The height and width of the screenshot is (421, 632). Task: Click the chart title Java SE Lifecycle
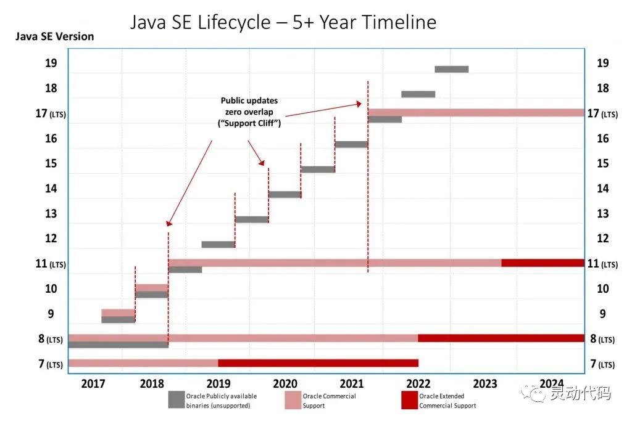coord(283,23)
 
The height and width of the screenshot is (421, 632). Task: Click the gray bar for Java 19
coord(451,69)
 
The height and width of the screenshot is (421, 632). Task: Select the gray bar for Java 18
coord(418,94)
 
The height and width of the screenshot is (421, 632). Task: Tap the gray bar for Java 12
coord(218,245)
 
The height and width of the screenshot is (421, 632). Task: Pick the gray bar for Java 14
coord(285,195)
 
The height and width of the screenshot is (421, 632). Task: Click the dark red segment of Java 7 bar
coord(318,363)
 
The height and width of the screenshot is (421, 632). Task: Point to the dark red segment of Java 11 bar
coord(543,263)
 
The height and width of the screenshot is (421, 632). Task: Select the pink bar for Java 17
coord(475,113)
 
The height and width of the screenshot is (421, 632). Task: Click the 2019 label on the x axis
coord(218,384)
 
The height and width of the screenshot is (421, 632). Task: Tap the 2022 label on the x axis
coord(418,384)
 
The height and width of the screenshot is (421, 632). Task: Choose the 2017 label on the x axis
coord(93,384)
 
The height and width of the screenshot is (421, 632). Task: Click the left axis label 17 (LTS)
coord(50,114)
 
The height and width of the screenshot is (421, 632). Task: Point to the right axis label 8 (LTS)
coord(602,338)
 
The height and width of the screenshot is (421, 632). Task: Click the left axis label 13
coord(51,214)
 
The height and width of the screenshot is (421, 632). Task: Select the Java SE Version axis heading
coord(55,36)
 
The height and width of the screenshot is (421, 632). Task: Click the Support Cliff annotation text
coord(249,112)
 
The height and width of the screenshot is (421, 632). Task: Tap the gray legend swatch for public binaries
coord(177,399)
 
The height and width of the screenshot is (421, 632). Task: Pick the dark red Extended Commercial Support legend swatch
coord(409,399)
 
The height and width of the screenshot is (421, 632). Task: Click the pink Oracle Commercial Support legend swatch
coord(293,399)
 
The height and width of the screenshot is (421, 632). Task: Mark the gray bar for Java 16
coord(351,144)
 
